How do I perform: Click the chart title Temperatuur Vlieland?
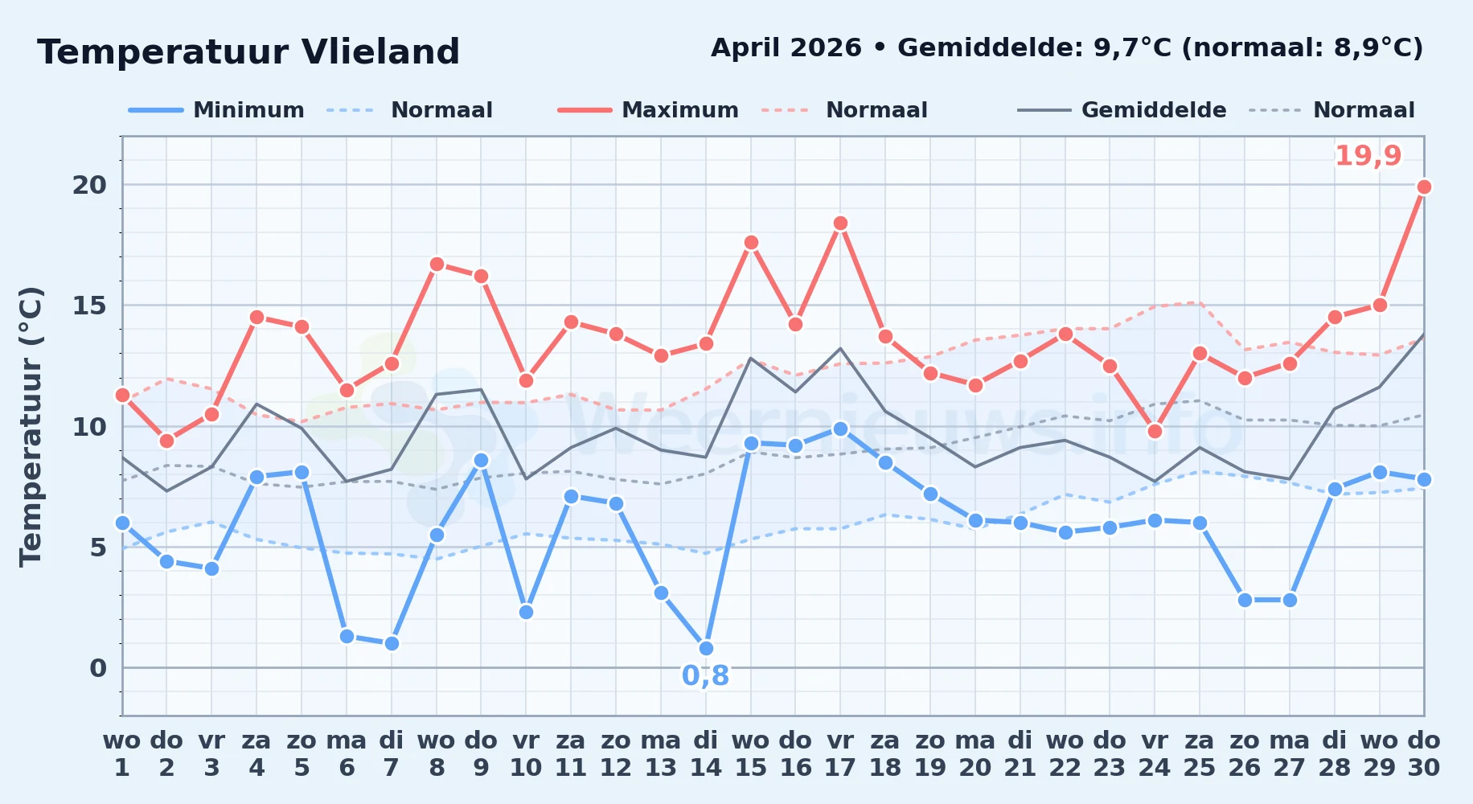[x=248, y=52]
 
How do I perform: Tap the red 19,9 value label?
[x=1368, y=156]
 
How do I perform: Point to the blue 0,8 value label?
[x=705, y=676]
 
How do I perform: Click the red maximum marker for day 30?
[x=1424, y=187]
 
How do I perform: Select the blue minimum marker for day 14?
[x=706, y=649]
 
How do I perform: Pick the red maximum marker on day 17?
[x=840, y=224]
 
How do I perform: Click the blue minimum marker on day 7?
[x=392, y=644]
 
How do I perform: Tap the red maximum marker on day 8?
[x=437, y=265]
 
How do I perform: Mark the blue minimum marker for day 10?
[x=526, y=613]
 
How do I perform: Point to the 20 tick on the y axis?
[x=89, y=185]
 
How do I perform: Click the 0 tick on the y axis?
[x=98, y=668]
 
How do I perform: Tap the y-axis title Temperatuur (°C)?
[x=31, y=427]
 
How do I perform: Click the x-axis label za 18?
[x=885, y=754]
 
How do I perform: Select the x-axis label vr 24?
[x=1155, y=754]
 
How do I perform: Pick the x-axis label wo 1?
[x=122, y=754]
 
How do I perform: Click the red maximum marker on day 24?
[x=1155, y=432]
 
